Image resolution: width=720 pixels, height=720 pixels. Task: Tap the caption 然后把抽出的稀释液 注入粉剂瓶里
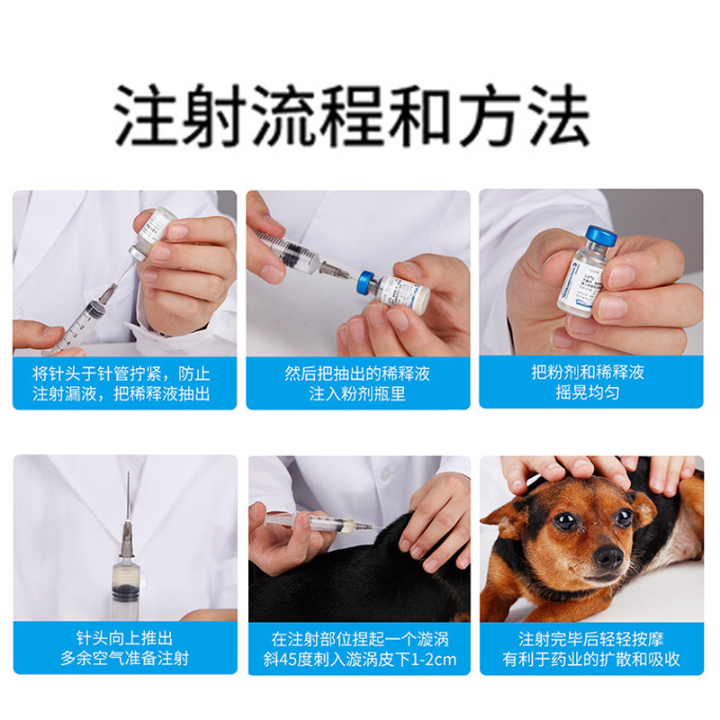pyautogui.click(x=357, y=383)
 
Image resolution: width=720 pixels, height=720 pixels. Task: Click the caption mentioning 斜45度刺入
pyautogui.click(x=357, y=649)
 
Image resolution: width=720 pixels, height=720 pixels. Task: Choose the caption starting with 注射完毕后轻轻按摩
pyautogui.click(x=590, y=649)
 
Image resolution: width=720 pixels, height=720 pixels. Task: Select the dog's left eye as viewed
pyautogui.click(x=565, y=521)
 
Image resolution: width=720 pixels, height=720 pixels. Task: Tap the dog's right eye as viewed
pyautogui.click(x=623, y=517)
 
